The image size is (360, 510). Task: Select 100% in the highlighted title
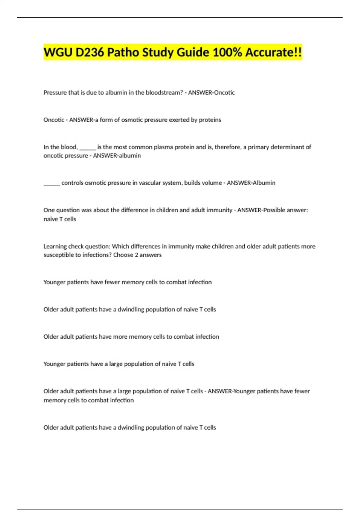point(227,52)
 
